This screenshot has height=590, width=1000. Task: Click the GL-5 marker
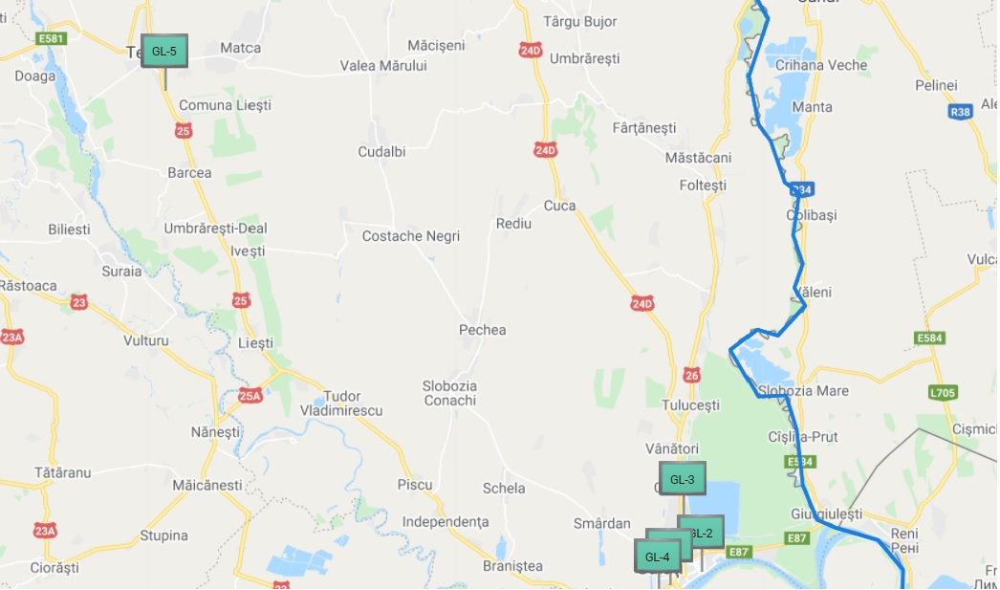pos(164,52)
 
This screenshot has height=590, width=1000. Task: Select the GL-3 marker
pos(683,479)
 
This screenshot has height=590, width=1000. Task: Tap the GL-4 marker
pos(657,557)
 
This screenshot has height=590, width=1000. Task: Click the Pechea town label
pos(483,330)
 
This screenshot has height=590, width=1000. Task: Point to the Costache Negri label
pos(411,236)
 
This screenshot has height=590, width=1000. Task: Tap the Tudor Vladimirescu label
pos(341,403)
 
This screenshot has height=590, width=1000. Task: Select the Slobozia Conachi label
pos(449,393)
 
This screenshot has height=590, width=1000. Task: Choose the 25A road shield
pos(250,395)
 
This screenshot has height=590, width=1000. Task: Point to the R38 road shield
pos(961,112)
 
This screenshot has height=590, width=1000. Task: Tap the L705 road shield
pos(943,392)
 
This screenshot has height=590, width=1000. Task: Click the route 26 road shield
pos(692,374)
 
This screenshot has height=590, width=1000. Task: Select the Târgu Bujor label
pos(580,21)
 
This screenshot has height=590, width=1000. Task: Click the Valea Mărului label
pos(383,66)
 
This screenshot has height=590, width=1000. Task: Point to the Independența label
pos(446,522)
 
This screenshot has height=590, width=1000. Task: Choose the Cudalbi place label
pos(381,152)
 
